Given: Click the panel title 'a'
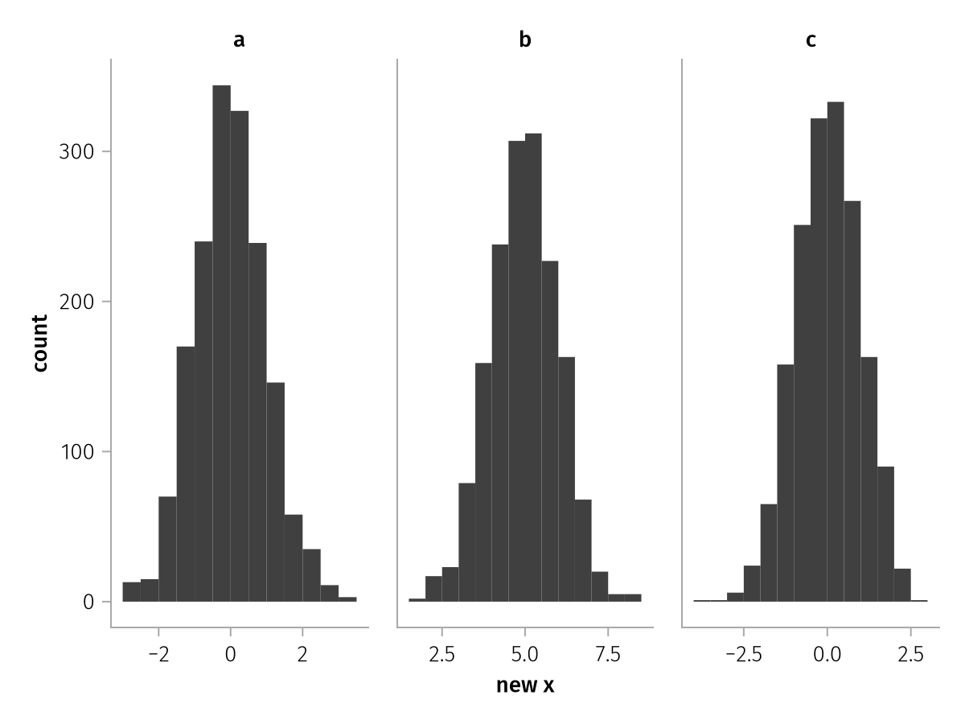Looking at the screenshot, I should click(x=239, y=40).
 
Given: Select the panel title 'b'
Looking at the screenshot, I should click(x=525, y=40).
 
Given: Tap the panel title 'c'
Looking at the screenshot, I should click(x=811, y=40).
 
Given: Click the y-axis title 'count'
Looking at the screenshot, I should click(x=40, y=343).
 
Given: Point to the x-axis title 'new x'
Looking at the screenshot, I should click(x=525, y=685).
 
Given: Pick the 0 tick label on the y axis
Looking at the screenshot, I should click(x=88, y=602).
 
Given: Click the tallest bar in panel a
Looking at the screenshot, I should click(x=221, y=346).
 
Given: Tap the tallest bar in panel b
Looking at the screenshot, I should click(x=533, y=370).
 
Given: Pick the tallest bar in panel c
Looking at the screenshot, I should click(x=836, y=354).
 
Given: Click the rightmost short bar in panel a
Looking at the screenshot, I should click(x=347, y=599).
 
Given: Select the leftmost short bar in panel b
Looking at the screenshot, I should click(x=417, y=600).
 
